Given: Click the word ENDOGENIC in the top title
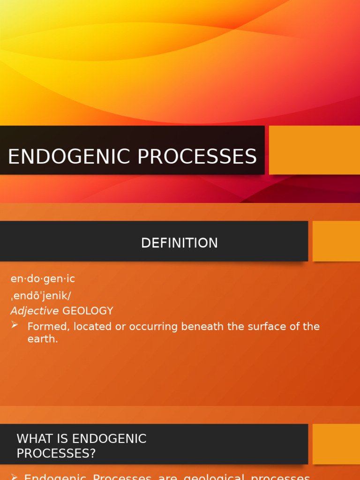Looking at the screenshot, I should pyautogui.click(x=69, y=157).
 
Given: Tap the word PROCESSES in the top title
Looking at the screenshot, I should pyautogui.click(x=197, y=157).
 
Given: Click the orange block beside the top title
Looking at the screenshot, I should pyautogui.click(x=314, y=150).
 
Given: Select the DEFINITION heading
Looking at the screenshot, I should pyautogui.click(x=180, y=243).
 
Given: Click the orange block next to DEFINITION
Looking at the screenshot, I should pyautogui.click(x=336, y=241).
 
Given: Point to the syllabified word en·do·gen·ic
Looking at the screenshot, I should pyautogui.click(x=43, y=279).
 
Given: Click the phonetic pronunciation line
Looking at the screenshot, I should pyautogui.click(x=41, y=296).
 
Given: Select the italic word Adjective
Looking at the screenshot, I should pyautogui.click(x=35, y=311).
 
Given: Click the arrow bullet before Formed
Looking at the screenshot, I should pyautogui.click(x=15, y=325).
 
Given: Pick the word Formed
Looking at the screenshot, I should pyautogui.click(x=46, y=326).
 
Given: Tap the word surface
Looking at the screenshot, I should pyautogui.click(x=266, y=326).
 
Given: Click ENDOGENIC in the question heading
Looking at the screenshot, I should pyautogui.click(x=109, y=439).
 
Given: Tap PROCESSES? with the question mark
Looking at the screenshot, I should pyautogui.click(x=56, y=453).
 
